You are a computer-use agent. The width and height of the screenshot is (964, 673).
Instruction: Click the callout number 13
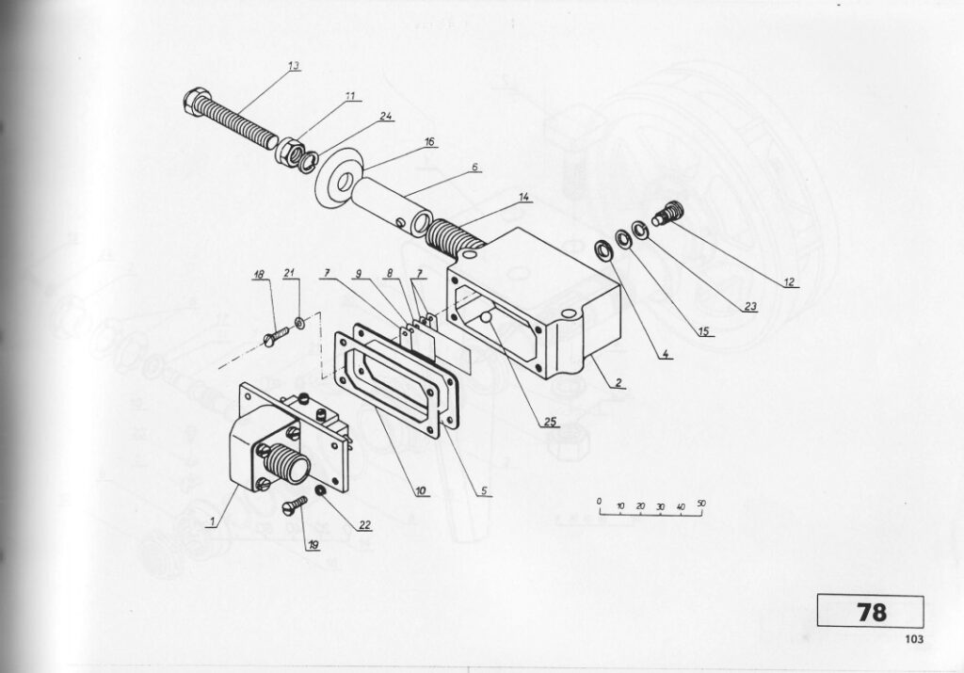coord(294,66)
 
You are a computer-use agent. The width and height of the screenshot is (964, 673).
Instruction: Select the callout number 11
coord(350,96)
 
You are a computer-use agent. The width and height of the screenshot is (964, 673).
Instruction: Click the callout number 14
coord(523,198)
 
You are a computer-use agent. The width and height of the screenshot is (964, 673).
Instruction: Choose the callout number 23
coord(750,306)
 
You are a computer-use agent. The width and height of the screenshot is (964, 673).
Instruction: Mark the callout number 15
coord(704,332)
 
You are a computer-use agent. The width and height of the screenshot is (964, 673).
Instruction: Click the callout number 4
coord(665,354)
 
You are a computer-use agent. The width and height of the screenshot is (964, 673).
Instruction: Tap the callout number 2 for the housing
coord(619,383)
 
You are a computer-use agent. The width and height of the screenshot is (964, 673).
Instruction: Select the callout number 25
coord(550,422)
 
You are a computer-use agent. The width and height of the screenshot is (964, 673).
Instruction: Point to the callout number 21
coord(290,273)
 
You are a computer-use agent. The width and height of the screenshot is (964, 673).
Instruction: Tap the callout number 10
coord(421,491)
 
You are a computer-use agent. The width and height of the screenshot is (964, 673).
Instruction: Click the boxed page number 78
coord(871,612)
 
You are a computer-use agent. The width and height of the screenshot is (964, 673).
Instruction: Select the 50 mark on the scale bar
coord(700,504)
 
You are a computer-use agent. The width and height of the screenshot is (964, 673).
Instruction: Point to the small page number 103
coord(914,639)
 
